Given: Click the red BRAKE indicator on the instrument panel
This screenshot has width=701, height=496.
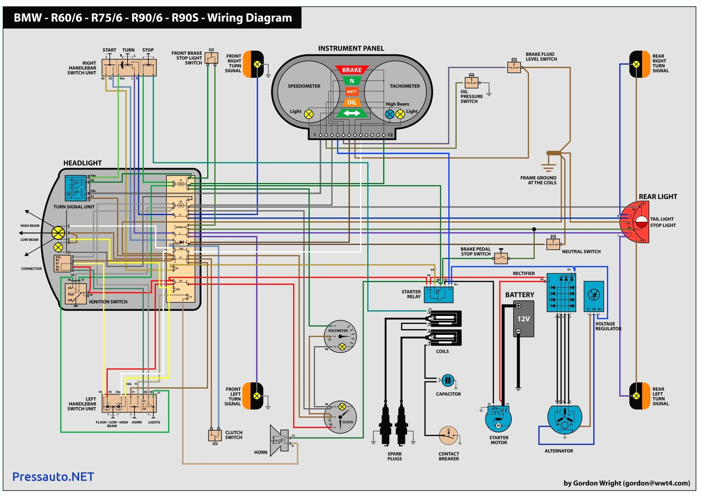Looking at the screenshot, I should coord(352,70).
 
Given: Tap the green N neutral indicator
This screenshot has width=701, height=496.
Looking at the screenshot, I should coord(352,81).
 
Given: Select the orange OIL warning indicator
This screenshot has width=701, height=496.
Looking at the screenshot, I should coord(352,102).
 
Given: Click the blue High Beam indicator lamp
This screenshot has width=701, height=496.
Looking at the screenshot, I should coord(390,114).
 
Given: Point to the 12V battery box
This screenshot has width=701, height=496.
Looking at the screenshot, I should coord(523,319).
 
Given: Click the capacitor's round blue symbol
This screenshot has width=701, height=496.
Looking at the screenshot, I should coord(448,380).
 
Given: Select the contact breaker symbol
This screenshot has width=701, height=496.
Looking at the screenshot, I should coord(448,436).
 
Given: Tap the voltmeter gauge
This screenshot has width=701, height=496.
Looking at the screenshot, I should coord(340,336).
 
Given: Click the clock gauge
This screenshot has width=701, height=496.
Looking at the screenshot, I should coord(340,417).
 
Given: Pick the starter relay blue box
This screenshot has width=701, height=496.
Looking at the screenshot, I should coord(438,294).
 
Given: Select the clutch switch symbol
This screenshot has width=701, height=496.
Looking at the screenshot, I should coord(215,435).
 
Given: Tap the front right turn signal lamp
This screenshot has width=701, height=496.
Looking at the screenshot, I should coord(253,64).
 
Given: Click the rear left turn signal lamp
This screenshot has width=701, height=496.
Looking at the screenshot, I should coord(639,396).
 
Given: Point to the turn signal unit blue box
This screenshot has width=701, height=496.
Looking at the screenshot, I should coord(76,188).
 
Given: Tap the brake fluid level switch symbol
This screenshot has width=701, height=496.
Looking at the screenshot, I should coord(514,66).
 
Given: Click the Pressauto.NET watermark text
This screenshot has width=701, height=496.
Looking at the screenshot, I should coord(53,477).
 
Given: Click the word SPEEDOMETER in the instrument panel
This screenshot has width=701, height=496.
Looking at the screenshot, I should coord(304,86).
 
